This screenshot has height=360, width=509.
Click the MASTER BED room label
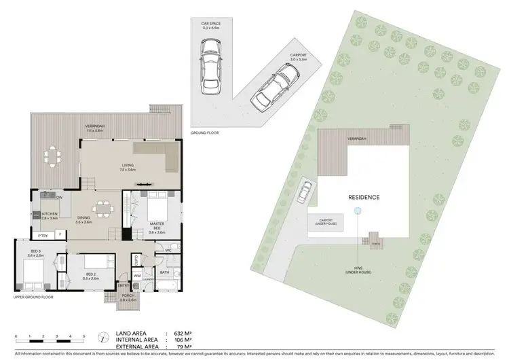(x=157, y=226)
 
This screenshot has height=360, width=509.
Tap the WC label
(x=167, y=251)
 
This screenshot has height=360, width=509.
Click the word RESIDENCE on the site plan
(x=364, y=198)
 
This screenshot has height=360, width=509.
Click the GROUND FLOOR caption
(x=205, y=134)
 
